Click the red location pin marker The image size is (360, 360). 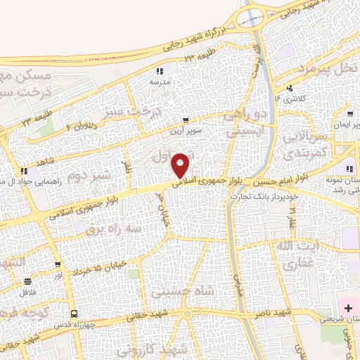click(x=181, y=165)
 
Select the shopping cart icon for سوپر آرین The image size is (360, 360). click(x=185, y=120)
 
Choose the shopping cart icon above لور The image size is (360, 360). click(x=57, y=264)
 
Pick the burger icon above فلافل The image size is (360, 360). click(x=20, y=280)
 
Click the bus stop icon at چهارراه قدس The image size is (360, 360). click(x=72, y=314)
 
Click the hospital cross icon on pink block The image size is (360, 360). click(x=348, y=308)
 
